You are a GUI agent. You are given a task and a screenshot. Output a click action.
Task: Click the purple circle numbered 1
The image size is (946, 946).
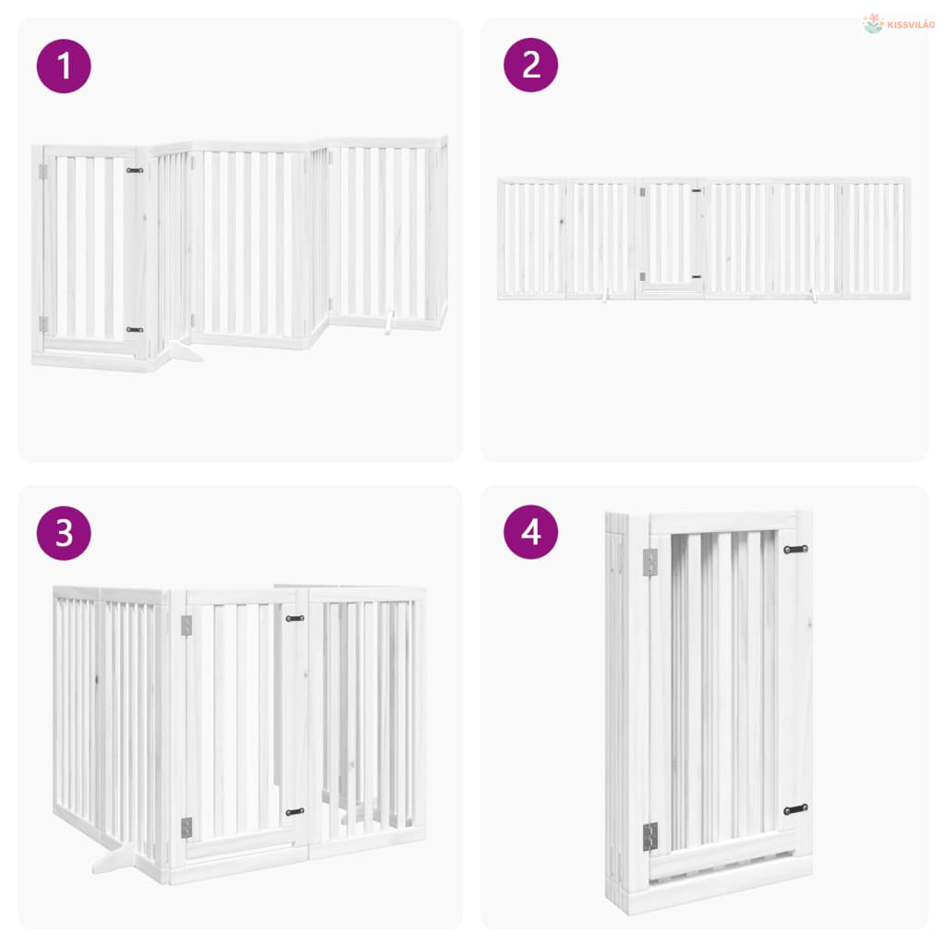click(x=64, y=67)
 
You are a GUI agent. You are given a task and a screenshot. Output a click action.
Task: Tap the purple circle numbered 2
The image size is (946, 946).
click(x=531, y=66)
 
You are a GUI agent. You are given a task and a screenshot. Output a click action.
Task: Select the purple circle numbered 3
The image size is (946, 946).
click(x=64, y=533)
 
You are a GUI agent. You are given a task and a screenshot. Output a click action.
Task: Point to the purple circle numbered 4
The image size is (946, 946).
click(x=531, y=532)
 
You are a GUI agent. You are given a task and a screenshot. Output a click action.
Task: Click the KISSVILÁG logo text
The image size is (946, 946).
click(x=911, y=25)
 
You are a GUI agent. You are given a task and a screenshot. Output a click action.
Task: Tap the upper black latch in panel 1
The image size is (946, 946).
click(x=135, y=171)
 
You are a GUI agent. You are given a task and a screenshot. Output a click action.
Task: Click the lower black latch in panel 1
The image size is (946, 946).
click(x=135, y=330)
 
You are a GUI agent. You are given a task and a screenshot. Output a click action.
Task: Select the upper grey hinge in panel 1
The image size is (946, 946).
click(x=42, y=172)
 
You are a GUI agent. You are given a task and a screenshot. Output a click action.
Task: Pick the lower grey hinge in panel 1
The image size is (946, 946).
click(x=42, y=324)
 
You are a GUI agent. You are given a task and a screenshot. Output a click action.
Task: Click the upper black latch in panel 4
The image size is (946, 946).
click(x=795, y=550)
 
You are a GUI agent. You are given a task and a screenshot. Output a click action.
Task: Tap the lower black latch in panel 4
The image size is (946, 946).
click(x=795, y=809)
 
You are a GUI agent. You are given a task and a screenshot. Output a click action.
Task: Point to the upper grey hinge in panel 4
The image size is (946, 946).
click(x=649, y=563)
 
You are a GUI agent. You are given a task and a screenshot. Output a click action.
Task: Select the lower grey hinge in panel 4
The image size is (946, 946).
click(x=649, y=837)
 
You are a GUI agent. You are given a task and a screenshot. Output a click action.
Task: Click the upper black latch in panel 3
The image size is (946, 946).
click(x=295, y=618)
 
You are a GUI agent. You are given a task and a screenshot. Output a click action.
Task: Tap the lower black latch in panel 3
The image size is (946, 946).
click(x=295, y=812)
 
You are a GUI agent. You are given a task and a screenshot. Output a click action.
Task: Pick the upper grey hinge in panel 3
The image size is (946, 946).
click(x=187, y=625)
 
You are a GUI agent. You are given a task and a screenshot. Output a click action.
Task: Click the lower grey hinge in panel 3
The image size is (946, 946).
click(x=187, y=828)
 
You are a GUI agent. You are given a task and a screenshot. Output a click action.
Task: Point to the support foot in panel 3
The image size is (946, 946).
click(x=115, y=859)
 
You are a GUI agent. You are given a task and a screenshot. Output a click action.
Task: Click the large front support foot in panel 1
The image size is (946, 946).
click(x=183, y=351)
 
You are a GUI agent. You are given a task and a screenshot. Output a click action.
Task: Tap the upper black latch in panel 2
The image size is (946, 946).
click(x=697, y=190)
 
